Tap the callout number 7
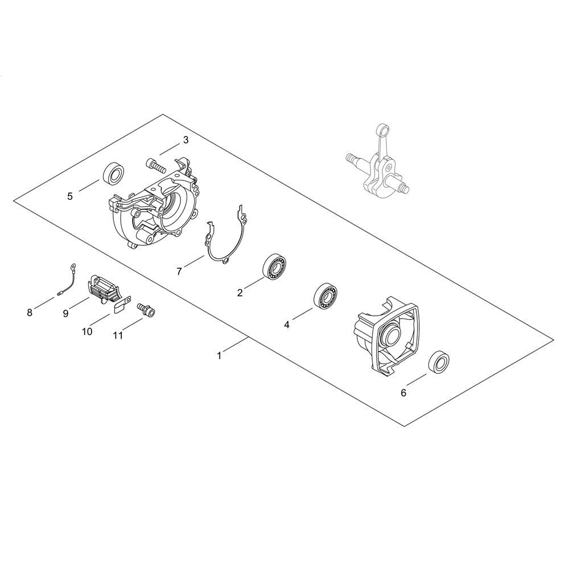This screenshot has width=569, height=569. click(x=179, y=271)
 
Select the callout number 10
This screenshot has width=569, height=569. click(x=87, y=331)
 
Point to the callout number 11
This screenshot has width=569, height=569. click(x=118, y=336)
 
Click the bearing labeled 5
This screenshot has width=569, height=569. click(x=114, y=174)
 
